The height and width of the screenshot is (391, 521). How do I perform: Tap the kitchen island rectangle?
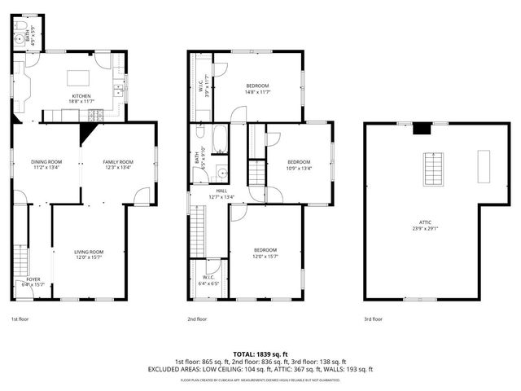click(77, 78)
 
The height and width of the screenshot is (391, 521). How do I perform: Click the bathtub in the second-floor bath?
click(220, 140)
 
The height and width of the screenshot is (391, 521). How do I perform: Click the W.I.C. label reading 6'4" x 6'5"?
click(208, 280)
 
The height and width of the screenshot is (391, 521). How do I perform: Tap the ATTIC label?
click(424, 222)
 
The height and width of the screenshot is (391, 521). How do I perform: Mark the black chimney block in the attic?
click(421, 128)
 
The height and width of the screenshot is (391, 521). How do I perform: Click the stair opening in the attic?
click(432, 169)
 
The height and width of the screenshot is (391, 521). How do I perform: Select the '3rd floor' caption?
click(374, 319)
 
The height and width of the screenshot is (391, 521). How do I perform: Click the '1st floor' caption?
click(21, 319)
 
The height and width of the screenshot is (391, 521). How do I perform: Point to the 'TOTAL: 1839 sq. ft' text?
click(260, 354)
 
